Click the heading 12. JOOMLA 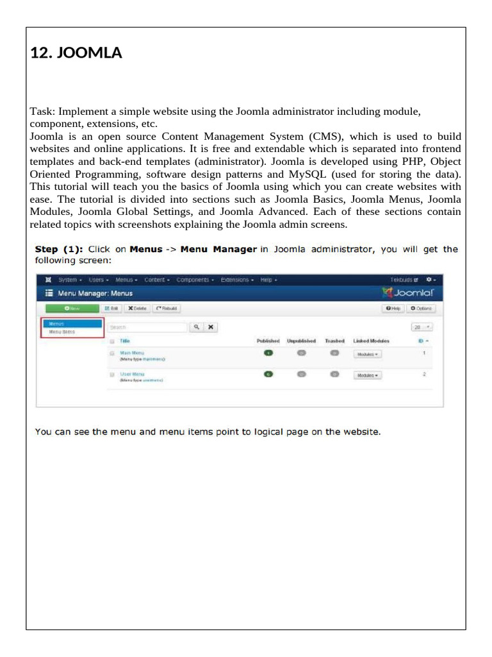tap(76, 54)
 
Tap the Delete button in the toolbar tap(136, 309)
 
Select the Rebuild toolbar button tap(167, 309)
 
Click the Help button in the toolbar tap(393, 309)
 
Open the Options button tap(420, 309)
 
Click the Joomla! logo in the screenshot tap(412, 293)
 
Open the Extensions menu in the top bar tap(237, 280)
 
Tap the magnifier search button tap(197, 327)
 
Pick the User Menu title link tap(132, 373)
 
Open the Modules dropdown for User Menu tap(367, 375)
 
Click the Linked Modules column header tap(371, 341)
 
